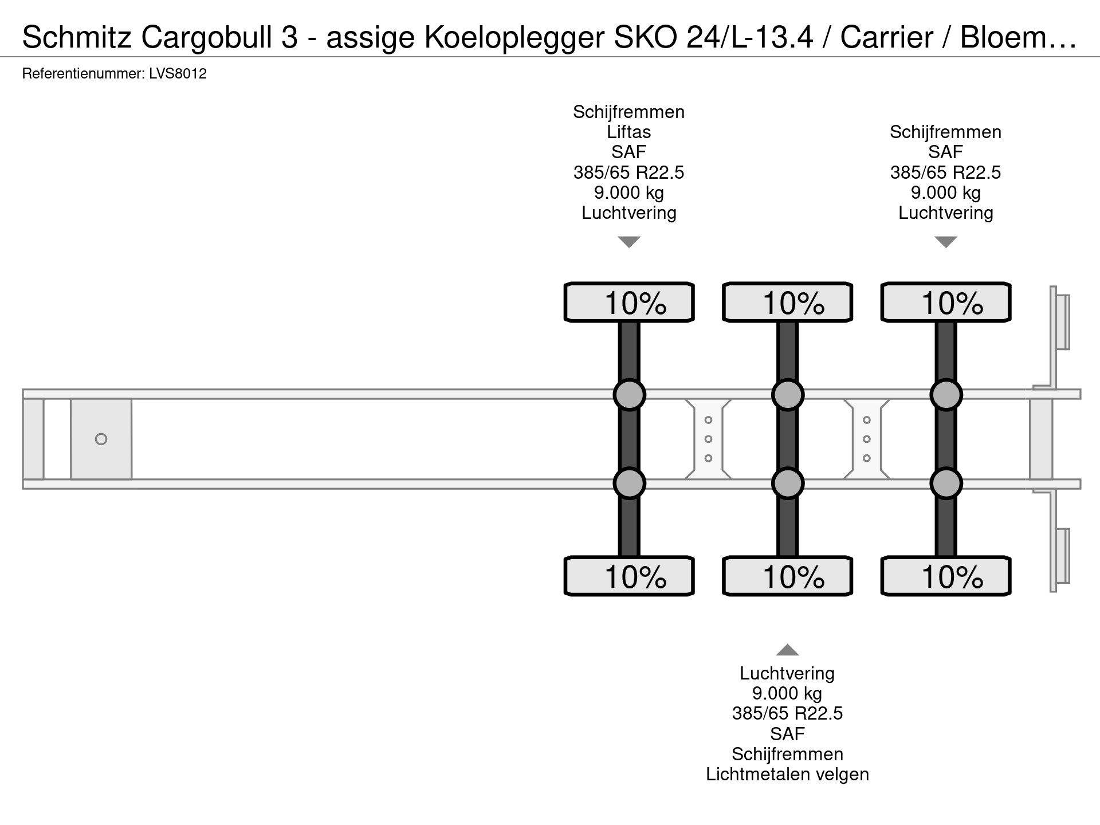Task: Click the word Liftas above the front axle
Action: coord(629,132)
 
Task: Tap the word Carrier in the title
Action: coord(887,38)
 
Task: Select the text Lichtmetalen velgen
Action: coord(787,775)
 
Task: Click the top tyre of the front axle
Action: coord(629,302)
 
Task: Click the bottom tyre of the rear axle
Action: coord(946,576)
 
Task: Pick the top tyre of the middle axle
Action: coord(788,302)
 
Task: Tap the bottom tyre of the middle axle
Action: coord(788,576)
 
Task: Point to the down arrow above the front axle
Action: coord(629,242)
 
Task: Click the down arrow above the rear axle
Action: coord(946,242)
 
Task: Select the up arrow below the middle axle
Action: coord(787,650)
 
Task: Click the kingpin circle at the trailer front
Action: coord(101,439)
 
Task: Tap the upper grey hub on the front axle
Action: coord(630,395)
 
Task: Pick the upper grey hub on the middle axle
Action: coord(788,395)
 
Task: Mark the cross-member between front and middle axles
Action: coord(708,439)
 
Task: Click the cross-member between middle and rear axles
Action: coord(867,439)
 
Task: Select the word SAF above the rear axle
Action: coord(946,152)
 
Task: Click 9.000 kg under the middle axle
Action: coord(787,694)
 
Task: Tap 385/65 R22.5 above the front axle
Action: coord(629,172)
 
